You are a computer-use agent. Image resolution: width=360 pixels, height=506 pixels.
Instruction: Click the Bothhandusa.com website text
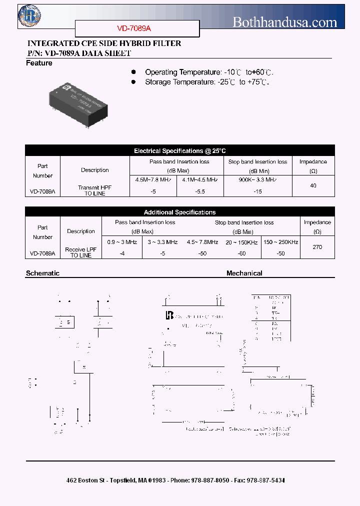pos(285,22)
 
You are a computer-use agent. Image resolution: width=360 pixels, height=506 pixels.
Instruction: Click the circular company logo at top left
pos(29,16)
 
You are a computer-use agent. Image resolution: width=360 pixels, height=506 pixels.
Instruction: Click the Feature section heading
pos(39,63)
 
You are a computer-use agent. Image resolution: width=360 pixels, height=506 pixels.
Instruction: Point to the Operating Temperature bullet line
pos(209,72)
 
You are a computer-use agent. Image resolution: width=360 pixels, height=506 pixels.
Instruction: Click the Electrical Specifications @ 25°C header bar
pos(180,150)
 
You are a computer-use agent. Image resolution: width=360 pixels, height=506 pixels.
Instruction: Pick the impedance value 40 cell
pos(313,185)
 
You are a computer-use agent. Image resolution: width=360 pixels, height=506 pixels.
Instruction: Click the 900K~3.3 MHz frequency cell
pos(257,179)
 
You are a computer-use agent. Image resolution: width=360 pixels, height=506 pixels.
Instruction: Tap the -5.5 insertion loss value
pos(199,191)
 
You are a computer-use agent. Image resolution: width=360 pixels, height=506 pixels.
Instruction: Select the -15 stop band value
pos(257,191)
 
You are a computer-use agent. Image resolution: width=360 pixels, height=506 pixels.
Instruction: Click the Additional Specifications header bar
pos(180,212)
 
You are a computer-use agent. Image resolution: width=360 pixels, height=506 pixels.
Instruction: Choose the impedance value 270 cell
pos(317,247)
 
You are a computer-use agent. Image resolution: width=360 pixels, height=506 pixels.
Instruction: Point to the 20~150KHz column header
pos(241,242)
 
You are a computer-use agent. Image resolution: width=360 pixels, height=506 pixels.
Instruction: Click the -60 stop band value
pos(241,253)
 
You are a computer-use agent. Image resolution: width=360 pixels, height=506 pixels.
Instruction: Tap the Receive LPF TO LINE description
pos(81,252)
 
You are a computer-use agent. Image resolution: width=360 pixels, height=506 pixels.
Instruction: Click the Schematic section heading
pos(42,273)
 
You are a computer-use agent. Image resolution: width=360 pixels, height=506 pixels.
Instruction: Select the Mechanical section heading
pos(244,273)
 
